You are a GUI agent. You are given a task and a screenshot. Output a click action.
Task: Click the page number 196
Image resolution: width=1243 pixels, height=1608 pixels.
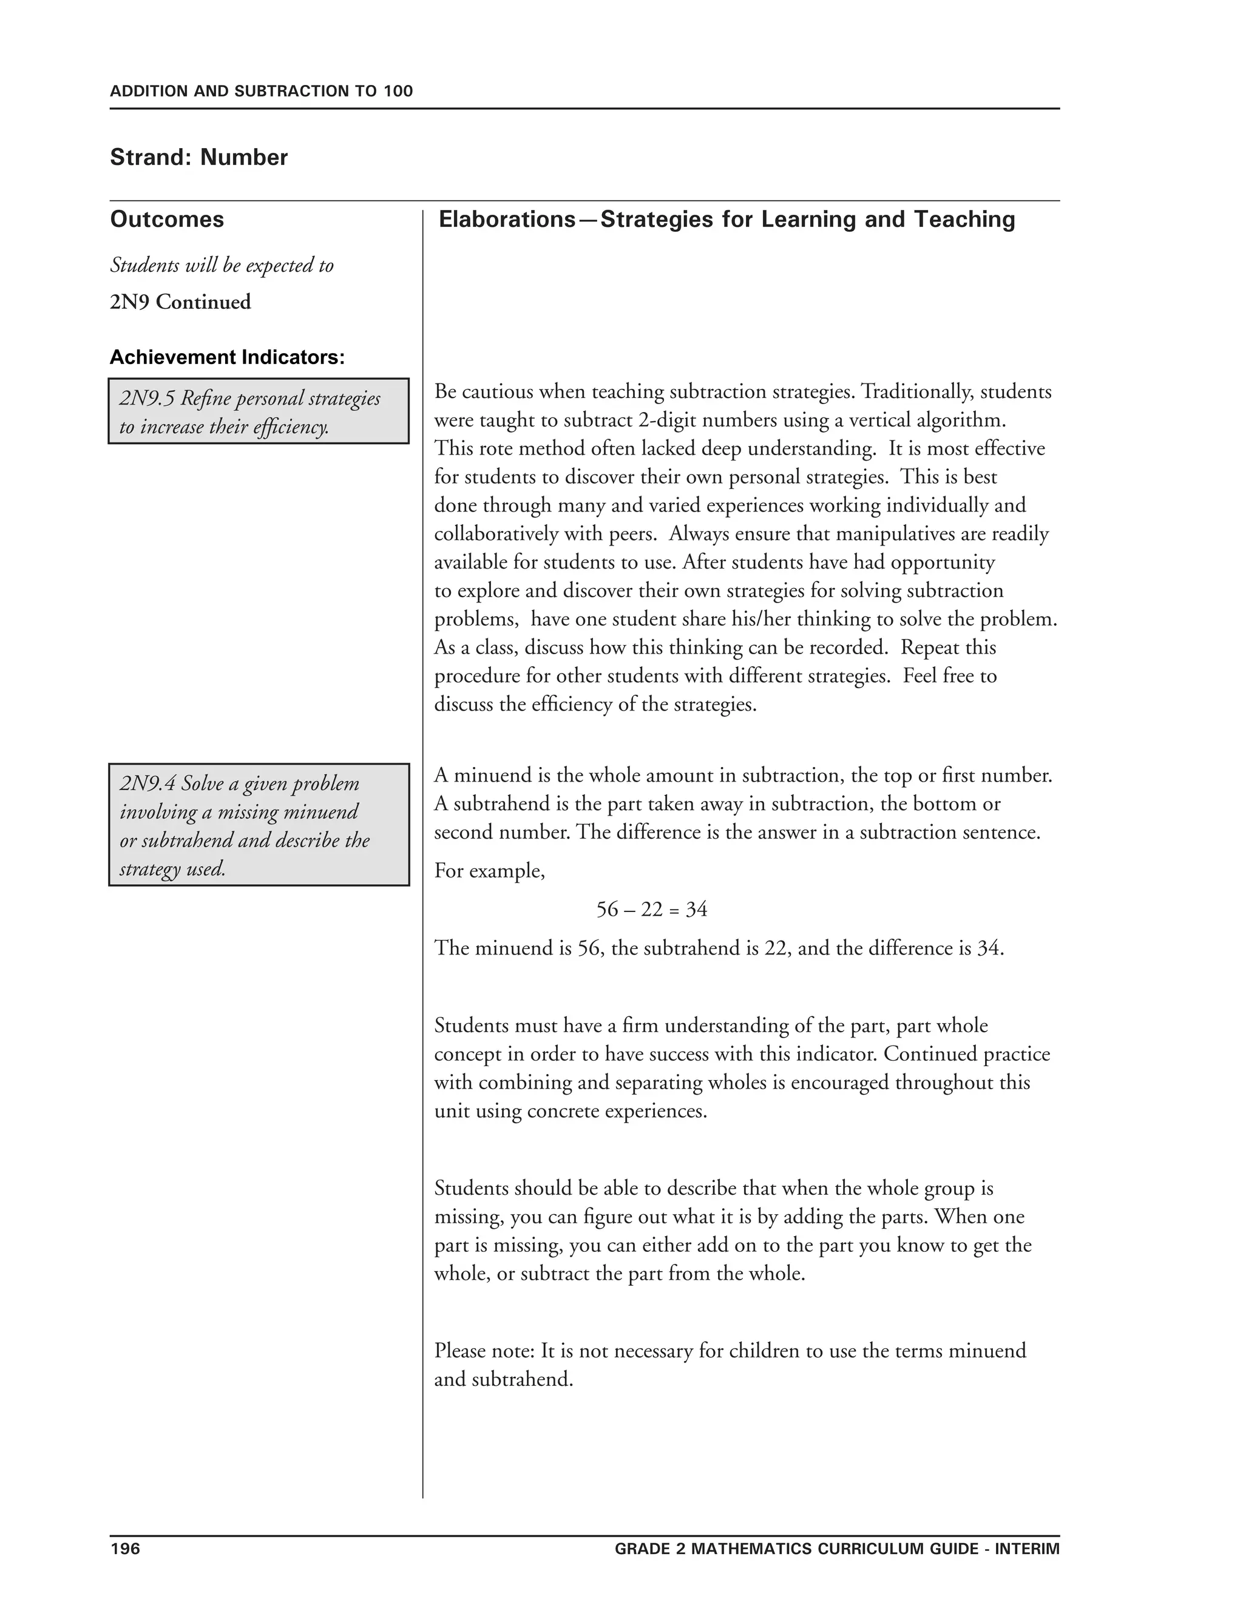[x=124, y=1549]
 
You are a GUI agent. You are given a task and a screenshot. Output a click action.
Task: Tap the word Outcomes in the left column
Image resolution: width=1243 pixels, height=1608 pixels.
[x=167, y=220]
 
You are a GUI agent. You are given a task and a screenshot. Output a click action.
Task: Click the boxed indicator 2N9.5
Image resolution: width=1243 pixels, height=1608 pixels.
[x=259, y=411]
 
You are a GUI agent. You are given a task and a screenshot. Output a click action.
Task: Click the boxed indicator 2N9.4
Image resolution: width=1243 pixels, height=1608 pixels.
[x=259, y=825]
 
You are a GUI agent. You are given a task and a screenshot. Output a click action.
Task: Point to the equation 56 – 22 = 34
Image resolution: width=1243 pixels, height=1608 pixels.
[x=652, y=910]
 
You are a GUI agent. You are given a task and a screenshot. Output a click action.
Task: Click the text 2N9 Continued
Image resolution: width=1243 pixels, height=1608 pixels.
[x=180, y=302]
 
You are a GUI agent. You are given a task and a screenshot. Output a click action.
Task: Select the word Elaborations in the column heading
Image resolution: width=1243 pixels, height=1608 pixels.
[x=507, y=220]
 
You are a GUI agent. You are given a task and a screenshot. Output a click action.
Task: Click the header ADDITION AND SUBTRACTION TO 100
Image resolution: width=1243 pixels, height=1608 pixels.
[x=262, y=91]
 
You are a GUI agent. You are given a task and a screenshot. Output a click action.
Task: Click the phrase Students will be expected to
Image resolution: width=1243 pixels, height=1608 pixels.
[x=222, y=265]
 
